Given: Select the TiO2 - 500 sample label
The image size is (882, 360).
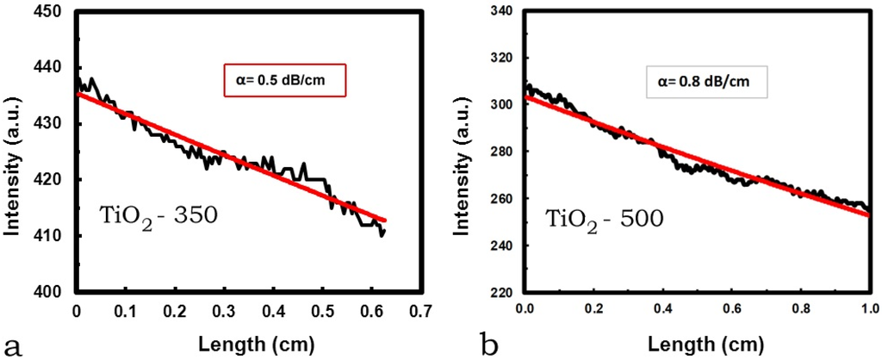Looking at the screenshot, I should [603, 218].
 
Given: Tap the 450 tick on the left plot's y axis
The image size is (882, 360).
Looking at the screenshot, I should [51, 12].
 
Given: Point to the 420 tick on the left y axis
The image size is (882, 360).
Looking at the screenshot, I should [51, 180].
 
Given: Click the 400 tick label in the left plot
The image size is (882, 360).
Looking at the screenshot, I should [51, 292].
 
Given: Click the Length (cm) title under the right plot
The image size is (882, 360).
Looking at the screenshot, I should [696, 344].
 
